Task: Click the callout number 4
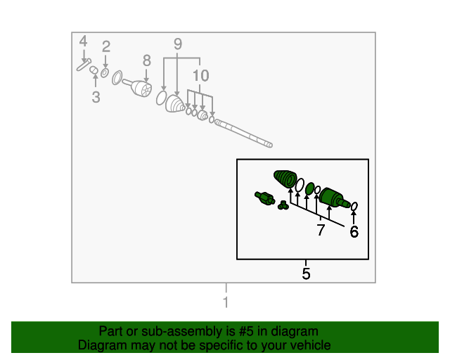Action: [83, 41]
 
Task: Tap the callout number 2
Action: [106, 46]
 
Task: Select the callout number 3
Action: [96, 97]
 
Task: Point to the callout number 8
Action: [147, 60]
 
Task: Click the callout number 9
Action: [178, 44]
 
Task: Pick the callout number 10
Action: [200, 75]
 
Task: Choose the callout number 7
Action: [321, 230]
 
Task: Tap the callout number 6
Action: [354, 231]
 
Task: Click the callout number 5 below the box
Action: [306, 274]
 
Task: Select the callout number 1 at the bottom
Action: [226, 302]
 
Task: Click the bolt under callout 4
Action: [84, 65]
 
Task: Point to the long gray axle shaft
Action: [243, 133]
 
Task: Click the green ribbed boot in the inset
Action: [285, 179]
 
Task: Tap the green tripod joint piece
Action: [283, 205]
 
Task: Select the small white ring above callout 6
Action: [354, 207]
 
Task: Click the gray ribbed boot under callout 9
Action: [175, 104]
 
